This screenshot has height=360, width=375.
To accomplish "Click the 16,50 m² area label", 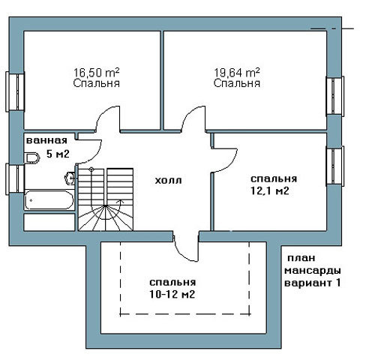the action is tap(97, 73).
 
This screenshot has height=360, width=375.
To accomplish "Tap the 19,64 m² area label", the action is tap(237, 73).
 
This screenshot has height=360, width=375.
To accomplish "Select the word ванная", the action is tap(46, 140).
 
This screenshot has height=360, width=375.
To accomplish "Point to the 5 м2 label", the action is tap(58, 154).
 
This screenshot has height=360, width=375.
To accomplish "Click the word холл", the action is tap(168, 180).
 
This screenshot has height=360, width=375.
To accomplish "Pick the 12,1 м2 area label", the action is tap(270, 191).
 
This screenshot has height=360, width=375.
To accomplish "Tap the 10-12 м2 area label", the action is tap(172, 295).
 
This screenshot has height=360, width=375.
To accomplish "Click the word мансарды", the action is tap(313, 271).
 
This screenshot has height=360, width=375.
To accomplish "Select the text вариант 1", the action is tap(313, 283).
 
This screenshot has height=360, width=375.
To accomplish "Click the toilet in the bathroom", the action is tap(33, 158).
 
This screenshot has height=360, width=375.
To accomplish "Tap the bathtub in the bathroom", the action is tap(49, 200).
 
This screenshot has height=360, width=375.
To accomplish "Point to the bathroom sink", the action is tap(70, 178).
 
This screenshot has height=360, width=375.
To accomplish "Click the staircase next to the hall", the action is tap(106, 199).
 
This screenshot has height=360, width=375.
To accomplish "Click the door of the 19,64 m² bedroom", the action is tap(193, 118).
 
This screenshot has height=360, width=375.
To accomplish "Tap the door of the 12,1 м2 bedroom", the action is tap(224, 160).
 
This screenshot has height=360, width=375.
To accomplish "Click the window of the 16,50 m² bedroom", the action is tap(15, 91).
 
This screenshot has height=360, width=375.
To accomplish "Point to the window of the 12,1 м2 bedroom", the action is tap(335, 166).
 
